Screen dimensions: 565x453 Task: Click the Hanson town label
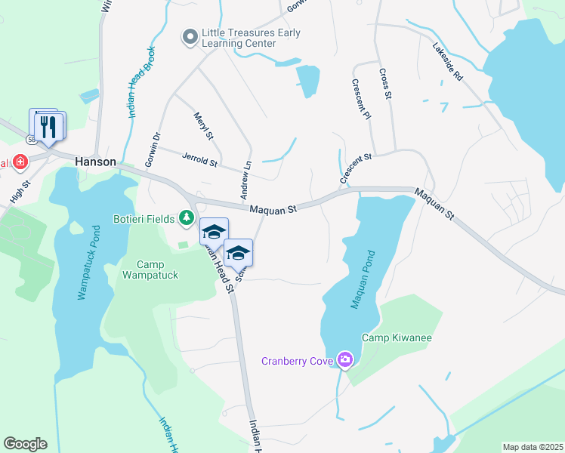coord(95,162)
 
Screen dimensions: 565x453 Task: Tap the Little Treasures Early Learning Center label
coord(251,38)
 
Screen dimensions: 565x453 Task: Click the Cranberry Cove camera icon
coord(345,360)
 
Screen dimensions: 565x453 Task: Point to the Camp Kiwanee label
coord(397,337)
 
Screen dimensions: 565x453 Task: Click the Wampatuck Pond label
coord(88,262)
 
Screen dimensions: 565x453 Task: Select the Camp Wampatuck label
coord(157,270)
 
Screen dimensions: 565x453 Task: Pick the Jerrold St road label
coord(199,159)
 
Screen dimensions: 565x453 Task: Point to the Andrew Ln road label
coord(245,180)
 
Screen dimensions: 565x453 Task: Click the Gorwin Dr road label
coord(153,149)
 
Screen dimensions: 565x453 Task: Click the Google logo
coord(25,444)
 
